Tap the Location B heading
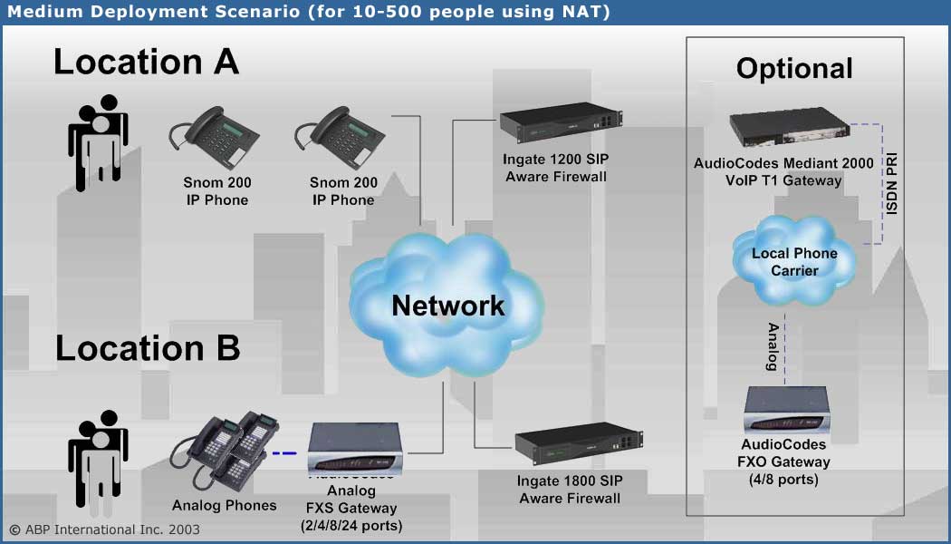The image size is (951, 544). point(148,347)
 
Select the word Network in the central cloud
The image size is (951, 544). point(447,305)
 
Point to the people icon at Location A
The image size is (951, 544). point(97,141)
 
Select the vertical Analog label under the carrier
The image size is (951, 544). point(773,346)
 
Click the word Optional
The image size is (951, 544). point(794,68)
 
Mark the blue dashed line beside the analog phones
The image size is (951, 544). point(284,452)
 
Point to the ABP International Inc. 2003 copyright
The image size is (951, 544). point(104,529)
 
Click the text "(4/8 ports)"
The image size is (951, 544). point(783,479)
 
